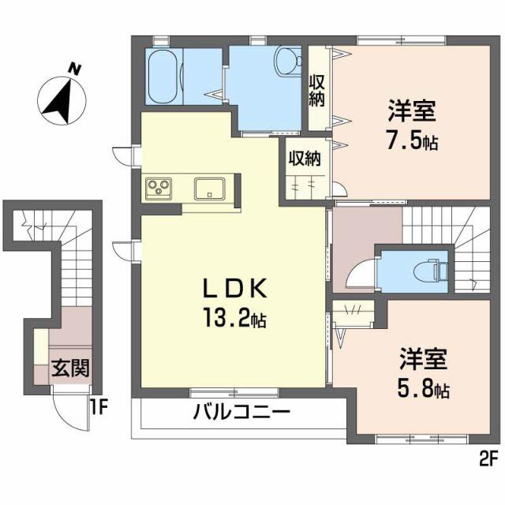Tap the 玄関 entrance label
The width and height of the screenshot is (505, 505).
click(70, 368)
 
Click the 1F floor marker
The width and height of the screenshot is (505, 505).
click(98, 406)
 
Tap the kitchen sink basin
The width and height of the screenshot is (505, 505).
click(210, 189)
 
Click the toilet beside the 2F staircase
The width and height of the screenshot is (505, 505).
click(430, 268)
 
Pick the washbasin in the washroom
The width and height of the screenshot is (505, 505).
click(288, 58)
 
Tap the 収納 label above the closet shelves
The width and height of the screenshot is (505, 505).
click(303, 159)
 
